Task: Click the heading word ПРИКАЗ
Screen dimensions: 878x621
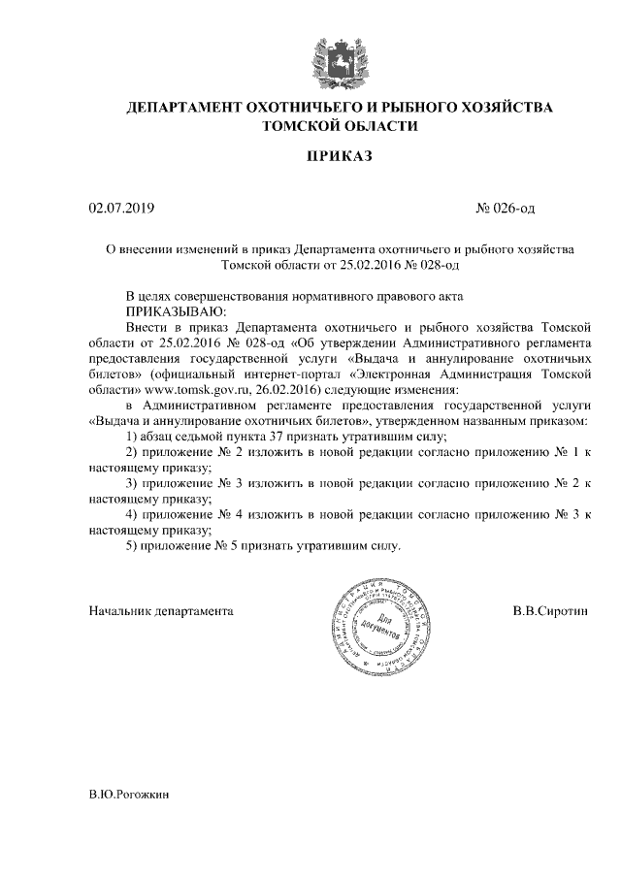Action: (x=340, y=154)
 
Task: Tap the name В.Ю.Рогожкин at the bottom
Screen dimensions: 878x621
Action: (x=129, y=794)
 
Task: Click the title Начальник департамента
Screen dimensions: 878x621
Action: (x=161, y=612)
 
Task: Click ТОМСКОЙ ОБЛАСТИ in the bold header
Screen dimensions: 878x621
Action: (x=340, y=126)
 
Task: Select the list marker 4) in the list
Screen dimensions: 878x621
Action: (x=134, y=514)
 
